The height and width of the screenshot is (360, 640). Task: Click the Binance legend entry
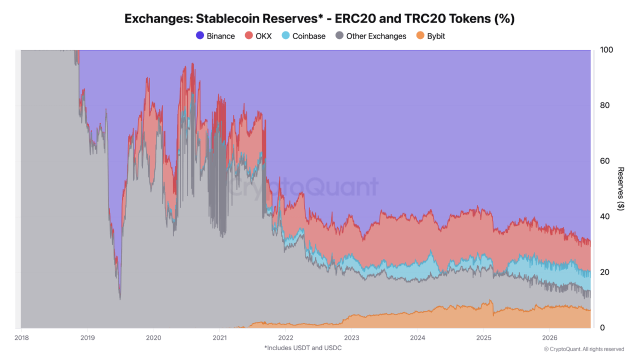215,36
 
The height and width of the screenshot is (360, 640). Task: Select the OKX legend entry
258,36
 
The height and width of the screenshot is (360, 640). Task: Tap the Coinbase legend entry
303,36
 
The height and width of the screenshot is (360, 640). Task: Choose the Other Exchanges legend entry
371,36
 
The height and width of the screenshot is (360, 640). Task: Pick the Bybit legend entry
430,36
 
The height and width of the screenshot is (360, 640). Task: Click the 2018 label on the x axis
21,337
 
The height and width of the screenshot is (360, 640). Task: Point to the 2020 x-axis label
153,337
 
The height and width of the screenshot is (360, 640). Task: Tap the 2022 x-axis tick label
285,337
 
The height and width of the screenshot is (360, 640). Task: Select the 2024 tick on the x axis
417,337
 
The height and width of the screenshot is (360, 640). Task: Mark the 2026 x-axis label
549,337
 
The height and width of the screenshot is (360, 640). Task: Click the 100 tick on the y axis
606,49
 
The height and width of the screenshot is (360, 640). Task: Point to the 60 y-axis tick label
604,161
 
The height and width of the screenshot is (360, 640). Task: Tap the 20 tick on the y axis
604,272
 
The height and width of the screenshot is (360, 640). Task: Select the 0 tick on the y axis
602,327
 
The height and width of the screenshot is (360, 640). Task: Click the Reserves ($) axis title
620,189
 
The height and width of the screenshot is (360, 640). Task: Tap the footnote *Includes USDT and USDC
303,347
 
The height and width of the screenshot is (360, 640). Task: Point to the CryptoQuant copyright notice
583,349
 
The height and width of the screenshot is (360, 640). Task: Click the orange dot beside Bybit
420,35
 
